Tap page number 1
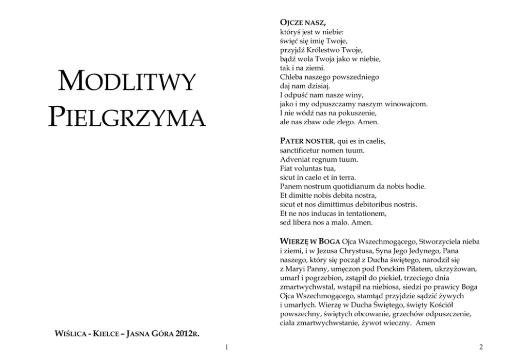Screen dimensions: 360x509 tap(226, 348)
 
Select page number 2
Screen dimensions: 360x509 tap(481, 348)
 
